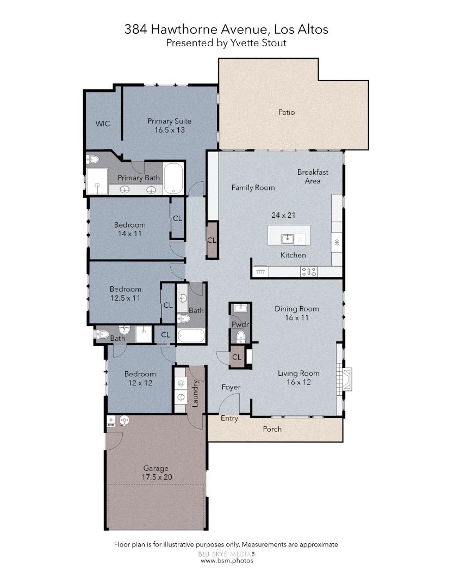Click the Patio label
287,113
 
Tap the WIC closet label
103,124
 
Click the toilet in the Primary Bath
92,160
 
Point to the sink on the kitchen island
287,238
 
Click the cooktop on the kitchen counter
309,271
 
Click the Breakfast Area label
313,176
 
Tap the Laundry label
195,393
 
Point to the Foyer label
231,387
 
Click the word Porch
272,429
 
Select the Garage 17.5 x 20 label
156,473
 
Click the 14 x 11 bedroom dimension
129,234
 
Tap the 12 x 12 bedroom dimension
140,383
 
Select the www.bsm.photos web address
226,560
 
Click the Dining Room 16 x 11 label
296,313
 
